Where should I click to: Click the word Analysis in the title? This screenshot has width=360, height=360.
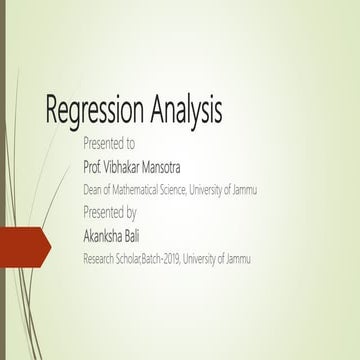pos(185,109)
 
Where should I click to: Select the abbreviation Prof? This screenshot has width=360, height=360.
pos(93,166)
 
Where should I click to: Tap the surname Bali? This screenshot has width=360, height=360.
pos(148,236)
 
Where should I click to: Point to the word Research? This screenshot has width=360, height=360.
pos(101,259)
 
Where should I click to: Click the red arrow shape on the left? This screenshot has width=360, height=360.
pos(26,247)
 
